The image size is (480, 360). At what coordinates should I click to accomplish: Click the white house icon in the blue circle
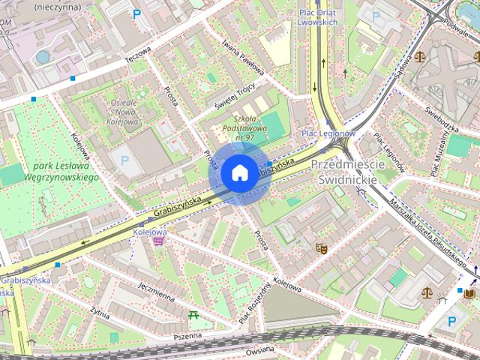tap(238, 173)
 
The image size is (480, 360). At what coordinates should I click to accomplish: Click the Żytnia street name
tap(99, 311)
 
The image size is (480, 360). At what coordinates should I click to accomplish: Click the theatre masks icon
tap(322, 247)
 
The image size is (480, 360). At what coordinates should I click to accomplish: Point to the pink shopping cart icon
tap(157, 241)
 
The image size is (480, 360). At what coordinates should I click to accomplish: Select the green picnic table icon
tap(195, 315)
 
